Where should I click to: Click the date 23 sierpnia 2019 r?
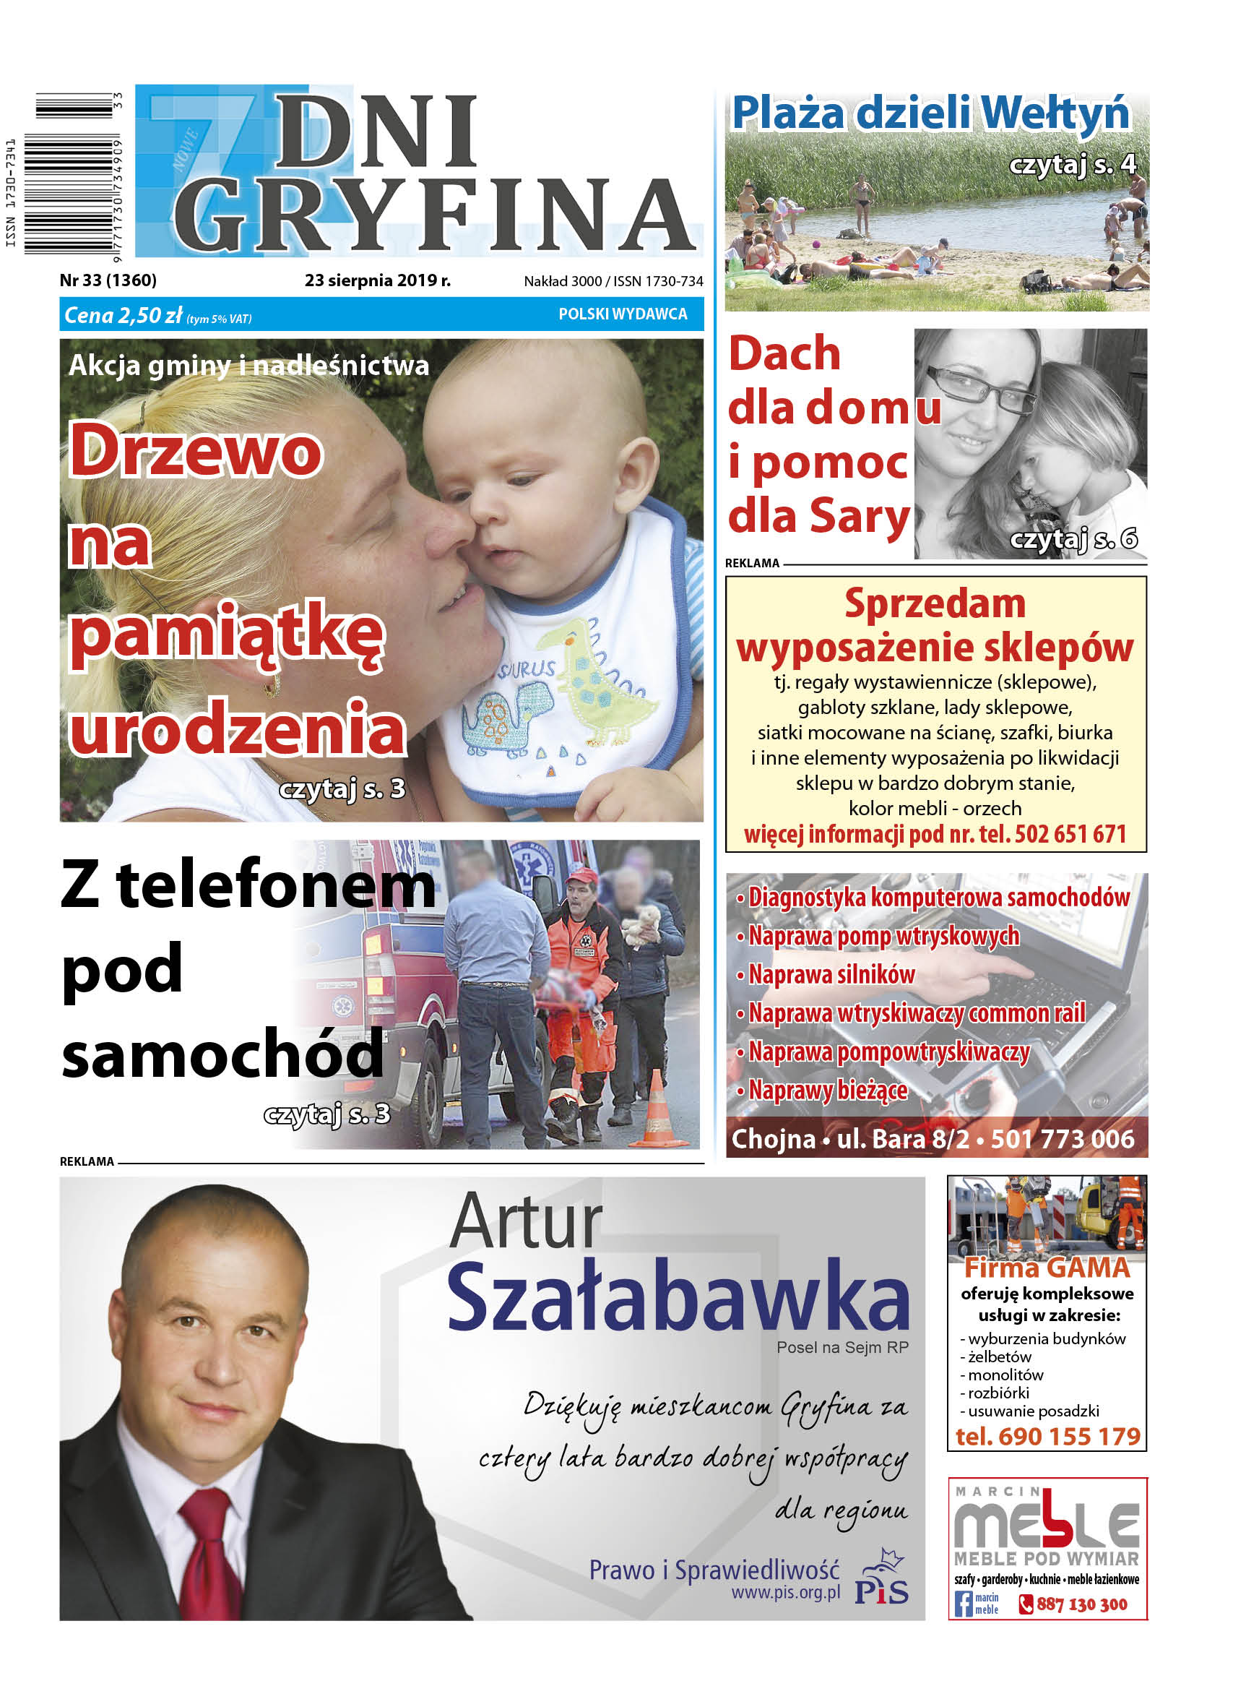click(x=377, y=280)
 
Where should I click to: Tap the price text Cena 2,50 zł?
click(x=124, y=315)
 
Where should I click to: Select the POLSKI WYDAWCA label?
click(x=622, y=314)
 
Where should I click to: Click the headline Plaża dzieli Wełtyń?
click(x=930, y=113)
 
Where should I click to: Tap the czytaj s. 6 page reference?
click(x=1073, y=539)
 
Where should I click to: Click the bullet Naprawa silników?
click(x=831, y=975)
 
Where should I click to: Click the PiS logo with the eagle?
click(x=883, y=1578)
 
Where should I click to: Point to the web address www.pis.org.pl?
click(x=785, y=1594)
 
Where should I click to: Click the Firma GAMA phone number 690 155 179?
click(x=1047, y=1437)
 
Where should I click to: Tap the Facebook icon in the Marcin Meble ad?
click(x=962, y=1604)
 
